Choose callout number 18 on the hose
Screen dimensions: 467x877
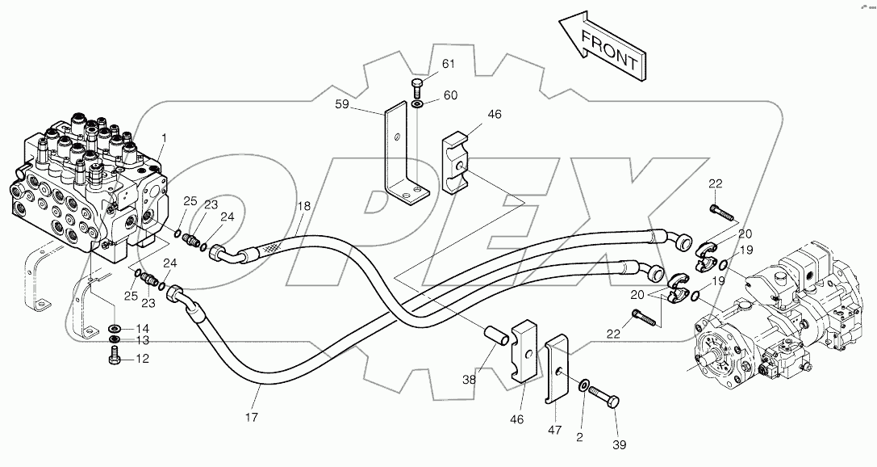coord(303,207)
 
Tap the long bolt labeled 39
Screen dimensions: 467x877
coord(606,399)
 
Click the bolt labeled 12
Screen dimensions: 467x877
coord(114,358)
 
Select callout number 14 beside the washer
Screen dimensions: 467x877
coord(142,329)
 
